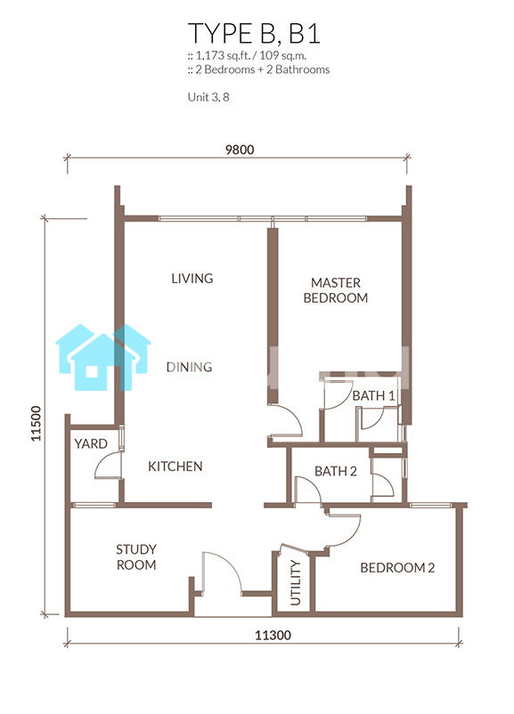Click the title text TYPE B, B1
pos(254,33)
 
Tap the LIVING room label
pos(192,279)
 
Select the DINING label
pos(189,367)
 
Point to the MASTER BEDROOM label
pos(336,290)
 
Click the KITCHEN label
pos(175,467)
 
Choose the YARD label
pos(91,443)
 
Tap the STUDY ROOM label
pos(136,557)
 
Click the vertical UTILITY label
pos(296,583)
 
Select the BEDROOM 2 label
pos(397,567)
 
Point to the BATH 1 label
pos(373,395)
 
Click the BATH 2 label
pos(336,471)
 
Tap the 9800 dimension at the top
pos(240,150)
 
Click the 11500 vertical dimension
pos(36,424)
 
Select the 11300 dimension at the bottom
pos(273,635)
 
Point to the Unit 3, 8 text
pos(208,97)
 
